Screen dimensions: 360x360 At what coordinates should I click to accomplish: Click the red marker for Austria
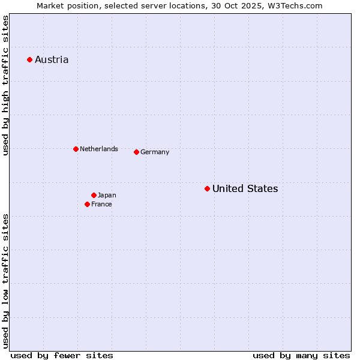29,59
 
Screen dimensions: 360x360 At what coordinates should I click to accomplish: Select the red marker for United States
207,188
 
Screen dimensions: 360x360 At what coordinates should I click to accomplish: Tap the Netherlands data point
76,149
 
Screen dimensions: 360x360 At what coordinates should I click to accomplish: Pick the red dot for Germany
136,152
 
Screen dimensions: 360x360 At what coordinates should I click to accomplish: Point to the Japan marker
94,195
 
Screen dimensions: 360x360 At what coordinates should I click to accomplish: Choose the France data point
87,204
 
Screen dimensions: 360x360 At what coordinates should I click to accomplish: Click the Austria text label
52,59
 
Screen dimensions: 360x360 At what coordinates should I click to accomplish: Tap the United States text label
245,188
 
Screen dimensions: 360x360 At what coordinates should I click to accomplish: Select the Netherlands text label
99,149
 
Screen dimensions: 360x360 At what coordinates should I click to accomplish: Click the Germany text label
155,152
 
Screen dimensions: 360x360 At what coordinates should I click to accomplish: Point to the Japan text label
107,195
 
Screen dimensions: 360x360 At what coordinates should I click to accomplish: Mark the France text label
101,204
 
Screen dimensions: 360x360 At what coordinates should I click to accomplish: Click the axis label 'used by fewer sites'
62,355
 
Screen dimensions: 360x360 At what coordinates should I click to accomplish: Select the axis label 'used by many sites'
301,355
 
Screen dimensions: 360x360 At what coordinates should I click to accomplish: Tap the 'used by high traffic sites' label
5,86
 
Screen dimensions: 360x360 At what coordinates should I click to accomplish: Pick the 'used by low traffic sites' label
5,281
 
